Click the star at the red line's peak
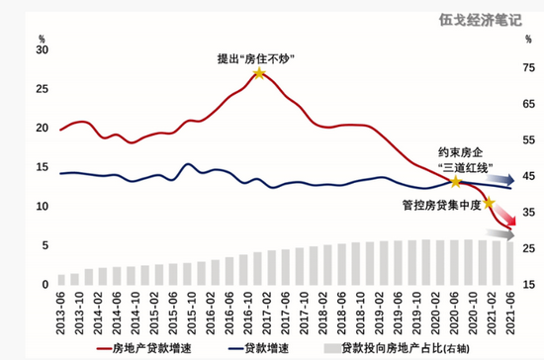point(258,73)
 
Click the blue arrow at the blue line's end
point(503,180)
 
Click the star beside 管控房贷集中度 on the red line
point(489,202)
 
